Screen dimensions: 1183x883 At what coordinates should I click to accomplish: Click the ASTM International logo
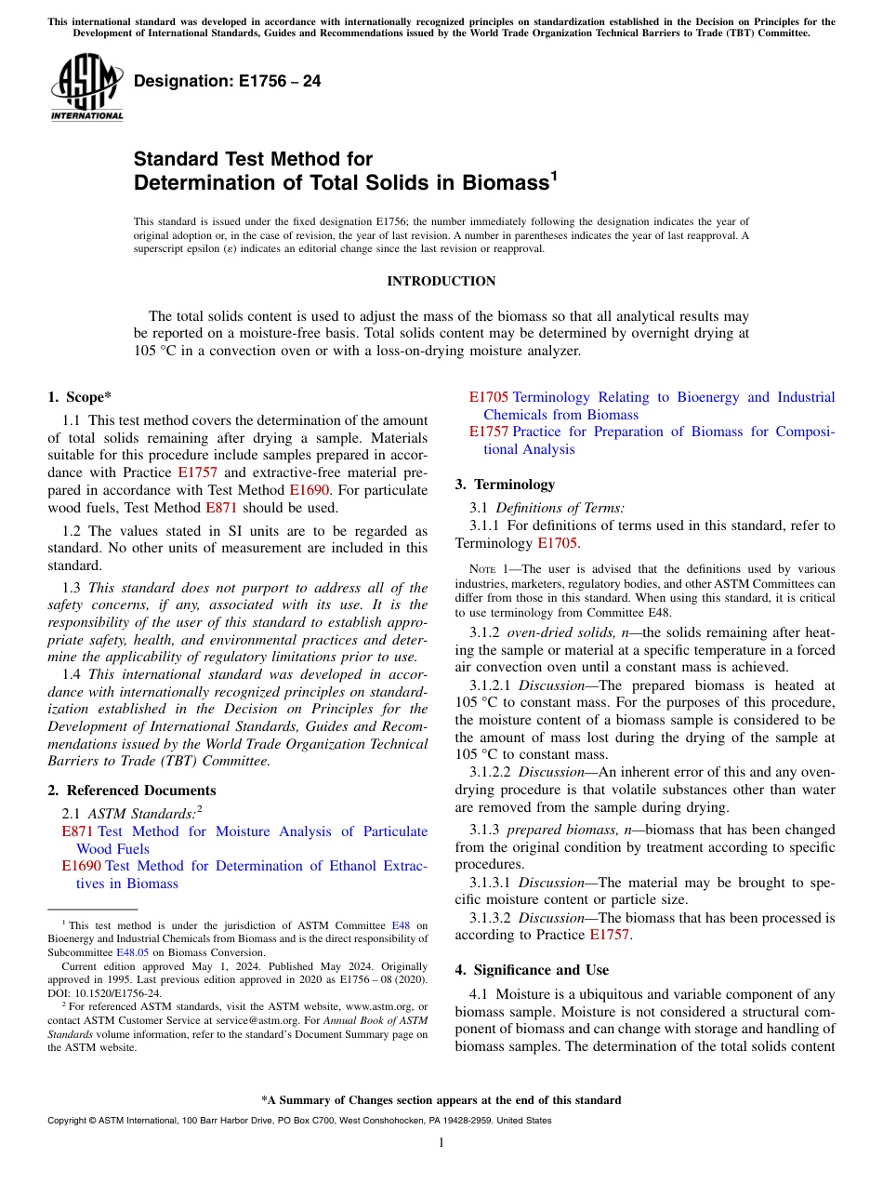click(x=86, y=86)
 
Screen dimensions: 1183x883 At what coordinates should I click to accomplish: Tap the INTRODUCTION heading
click(x=441, y=282)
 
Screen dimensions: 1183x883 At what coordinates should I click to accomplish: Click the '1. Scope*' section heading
click(x=79, y=397)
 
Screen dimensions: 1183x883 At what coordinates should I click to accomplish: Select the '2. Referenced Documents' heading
click(x=131, y=791)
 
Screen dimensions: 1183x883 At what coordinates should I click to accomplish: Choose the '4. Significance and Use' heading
click(x=532, y=970)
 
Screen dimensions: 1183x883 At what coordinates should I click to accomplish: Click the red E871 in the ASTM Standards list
click(x=77, y=831)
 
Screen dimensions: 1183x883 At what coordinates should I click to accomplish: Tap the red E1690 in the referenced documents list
click(x=81, y=866)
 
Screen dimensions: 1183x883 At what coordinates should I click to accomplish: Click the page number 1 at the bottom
click(x=441, y=1143)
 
